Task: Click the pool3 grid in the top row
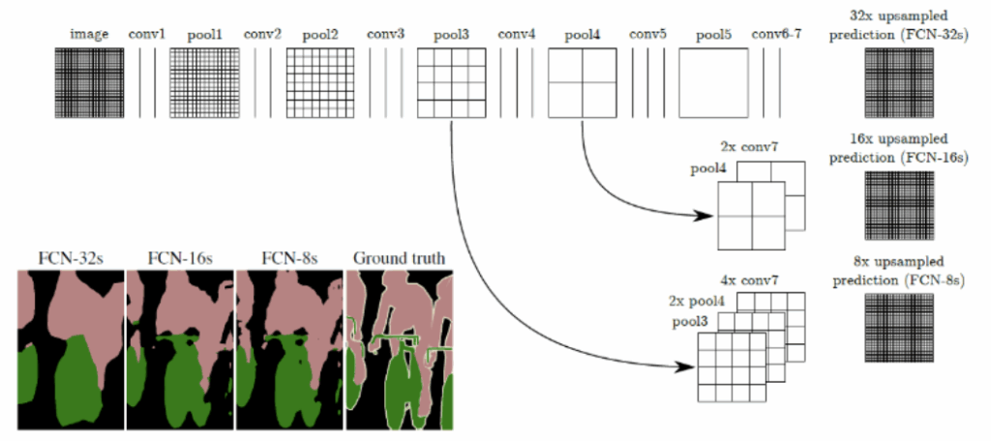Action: coord(450,83)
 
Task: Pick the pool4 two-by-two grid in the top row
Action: coord(582,83)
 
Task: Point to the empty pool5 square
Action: coord(713,83)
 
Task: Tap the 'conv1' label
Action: coord(147,36)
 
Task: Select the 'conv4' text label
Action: coord(517,36)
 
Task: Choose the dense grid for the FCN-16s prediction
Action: coord(897,204)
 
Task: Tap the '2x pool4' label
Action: coord(691,300)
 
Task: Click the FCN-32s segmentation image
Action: coord(71,349)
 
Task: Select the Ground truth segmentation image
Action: coord(400,349)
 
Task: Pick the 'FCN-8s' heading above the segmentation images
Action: coord(289,258)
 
